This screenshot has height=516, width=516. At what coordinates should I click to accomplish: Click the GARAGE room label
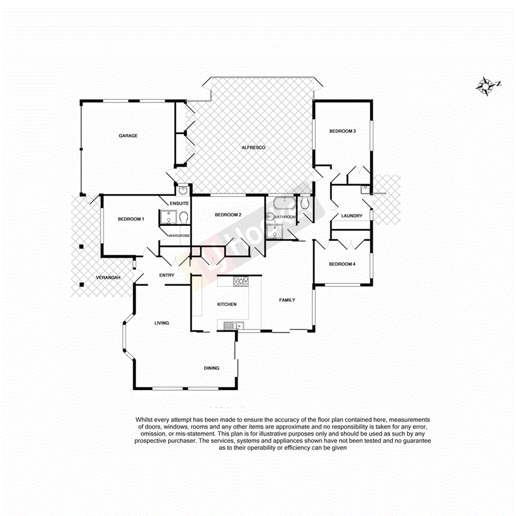(x=127, y=136)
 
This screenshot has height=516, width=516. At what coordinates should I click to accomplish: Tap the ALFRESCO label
(x=254, y=148)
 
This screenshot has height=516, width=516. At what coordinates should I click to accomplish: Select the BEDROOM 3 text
(x=342, y=131)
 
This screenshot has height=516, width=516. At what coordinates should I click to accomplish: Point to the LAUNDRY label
(x=352, y=216)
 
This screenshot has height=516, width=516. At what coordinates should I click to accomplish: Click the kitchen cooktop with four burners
(x=241, y=282)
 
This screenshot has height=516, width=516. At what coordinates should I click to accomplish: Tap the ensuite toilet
(x=184, y=218)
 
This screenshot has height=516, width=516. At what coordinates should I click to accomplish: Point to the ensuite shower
(x=166, y=218)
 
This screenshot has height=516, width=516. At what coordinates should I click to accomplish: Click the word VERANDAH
(x=107, y=277)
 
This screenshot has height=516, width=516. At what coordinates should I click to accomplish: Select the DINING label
(x=211, y=368)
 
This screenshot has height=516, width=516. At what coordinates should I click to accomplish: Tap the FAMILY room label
(x=287, y=300)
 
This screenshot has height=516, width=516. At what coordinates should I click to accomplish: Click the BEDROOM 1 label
(x=131, y=219)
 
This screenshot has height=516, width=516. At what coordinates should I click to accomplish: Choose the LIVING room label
(x=161, y=323)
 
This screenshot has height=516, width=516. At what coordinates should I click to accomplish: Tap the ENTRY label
(x=167, y=275)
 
